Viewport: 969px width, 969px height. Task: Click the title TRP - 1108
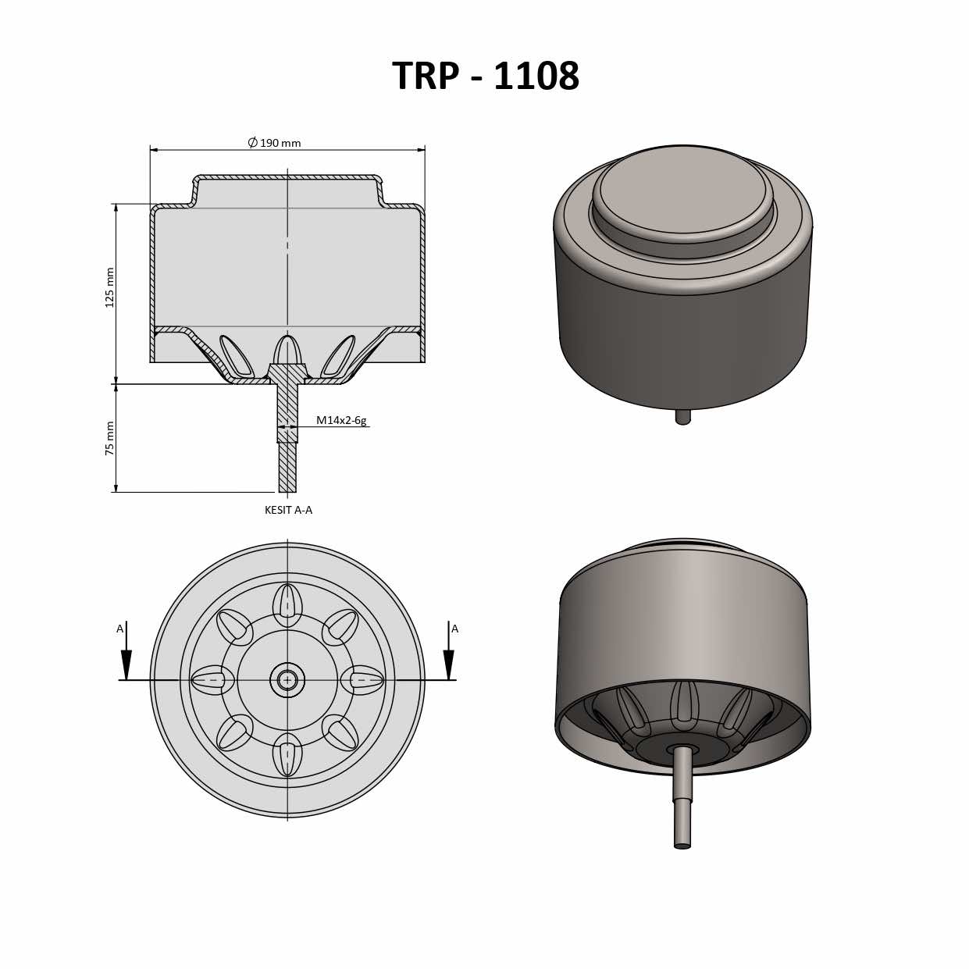coord(485,76)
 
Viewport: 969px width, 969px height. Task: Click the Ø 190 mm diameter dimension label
coord(275,143)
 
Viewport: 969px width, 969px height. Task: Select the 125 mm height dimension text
coord(110,287)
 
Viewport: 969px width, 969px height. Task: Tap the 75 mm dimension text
coord(110,438)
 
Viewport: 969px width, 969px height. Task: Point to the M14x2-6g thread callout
coord(340,420)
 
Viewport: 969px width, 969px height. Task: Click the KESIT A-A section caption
coord(288,510)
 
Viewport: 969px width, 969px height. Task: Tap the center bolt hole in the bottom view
coord(287,680)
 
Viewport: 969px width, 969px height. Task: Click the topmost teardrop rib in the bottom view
coord(287,604)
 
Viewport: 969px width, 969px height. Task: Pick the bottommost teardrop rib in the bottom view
coord(287,755)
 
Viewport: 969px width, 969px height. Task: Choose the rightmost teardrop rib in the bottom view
coord(363,680)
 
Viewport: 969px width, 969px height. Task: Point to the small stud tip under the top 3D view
coord(683,417)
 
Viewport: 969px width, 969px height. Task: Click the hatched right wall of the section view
coord(422,281)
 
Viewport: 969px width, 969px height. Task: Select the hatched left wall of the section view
coord(152,281)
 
